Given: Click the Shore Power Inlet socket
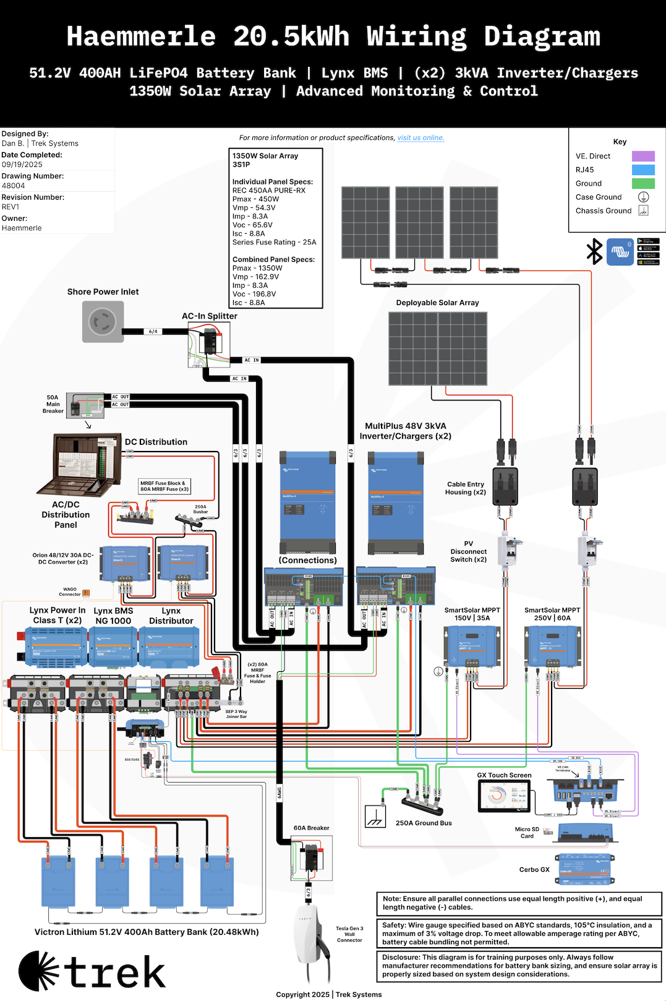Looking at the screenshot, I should click(x=103, y=322).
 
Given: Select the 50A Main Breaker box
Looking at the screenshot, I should click(x=85, y=405).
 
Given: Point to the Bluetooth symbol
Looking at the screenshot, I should click(x=594, y=252).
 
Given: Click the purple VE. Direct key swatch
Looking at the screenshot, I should click(x=643, y=157).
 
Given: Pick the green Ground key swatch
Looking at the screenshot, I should click(x=643, y=184).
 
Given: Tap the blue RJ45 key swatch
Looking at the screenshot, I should click(x=643, y=170).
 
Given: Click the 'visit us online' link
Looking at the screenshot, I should click(x=421, y=138).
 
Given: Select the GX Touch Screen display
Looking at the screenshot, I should click(x=505, y=796).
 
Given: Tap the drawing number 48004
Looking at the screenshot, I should click(x=14, y=186).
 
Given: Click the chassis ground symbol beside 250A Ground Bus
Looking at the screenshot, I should click(x=375, y=816).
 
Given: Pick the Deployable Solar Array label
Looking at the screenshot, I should click(x=437, y=303).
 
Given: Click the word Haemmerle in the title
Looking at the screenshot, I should click(x=142, y=36).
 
